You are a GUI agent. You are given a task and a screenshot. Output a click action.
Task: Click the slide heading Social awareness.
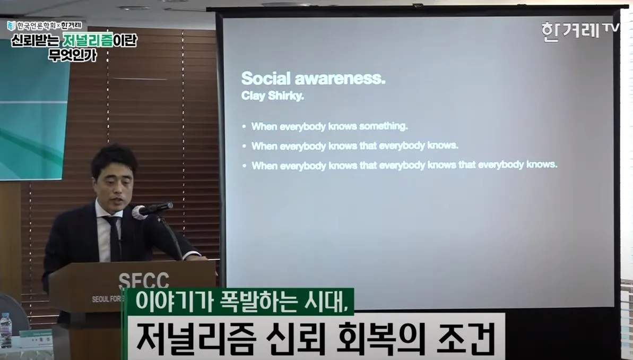(313, 79)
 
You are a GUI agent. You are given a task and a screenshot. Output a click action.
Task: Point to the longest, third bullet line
(404, 165)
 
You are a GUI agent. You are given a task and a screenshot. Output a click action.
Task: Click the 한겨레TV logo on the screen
(579, 31)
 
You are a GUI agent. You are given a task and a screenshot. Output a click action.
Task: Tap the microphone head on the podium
(140, 212)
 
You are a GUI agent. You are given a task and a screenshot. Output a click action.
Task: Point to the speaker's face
(113, 183)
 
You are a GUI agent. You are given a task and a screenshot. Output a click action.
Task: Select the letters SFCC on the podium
(143, 281)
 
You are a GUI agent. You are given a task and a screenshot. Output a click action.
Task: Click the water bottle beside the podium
(6, 330)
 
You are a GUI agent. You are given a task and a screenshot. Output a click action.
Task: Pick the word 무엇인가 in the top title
(73, 55)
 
